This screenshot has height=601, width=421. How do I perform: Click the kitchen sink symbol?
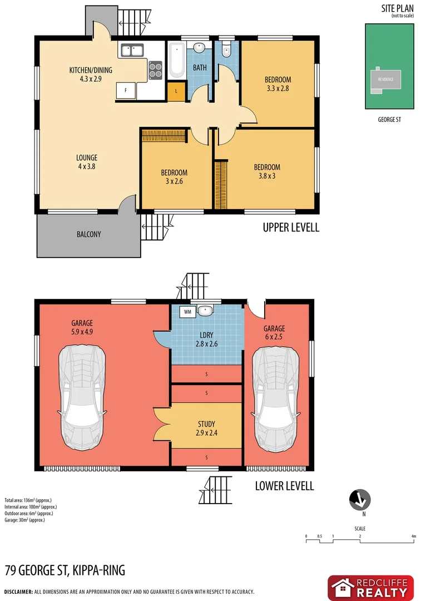131,51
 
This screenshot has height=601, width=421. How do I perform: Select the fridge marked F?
126,91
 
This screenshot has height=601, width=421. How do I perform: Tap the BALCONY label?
89,234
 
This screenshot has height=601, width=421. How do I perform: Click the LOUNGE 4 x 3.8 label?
87,162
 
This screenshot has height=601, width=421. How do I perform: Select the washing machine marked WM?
187,312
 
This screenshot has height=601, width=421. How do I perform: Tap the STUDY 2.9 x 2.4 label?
206,428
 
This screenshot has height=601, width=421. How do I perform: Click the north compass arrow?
360,500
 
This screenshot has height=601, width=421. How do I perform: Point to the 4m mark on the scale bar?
413,536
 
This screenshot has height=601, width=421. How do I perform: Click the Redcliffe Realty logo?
370,588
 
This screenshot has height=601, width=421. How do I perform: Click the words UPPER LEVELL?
291,228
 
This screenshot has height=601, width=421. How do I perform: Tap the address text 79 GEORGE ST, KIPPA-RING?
65,570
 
